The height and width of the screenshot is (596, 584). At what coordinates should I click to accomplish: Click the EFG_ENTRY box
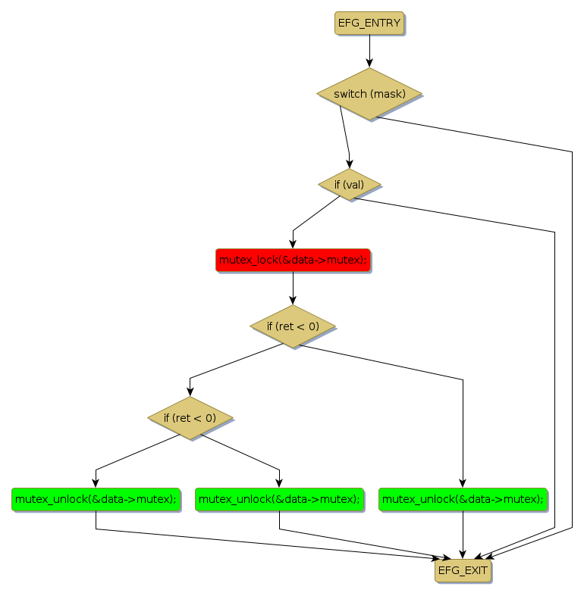click(x=369, y=23)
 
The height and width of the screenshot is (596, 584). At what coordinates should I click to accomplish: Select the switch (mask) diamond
click(x=369, y=94)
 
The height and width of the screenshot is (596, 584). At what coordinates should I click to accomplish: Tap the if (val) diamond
click(x=349, y=184)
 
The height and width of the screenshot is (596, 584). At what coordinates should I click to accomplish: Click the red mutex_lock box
click(x=293, y=260)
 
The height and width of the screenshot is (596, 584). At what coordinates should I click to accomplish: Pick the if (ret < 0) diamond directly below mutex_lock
click(x=293, y=326)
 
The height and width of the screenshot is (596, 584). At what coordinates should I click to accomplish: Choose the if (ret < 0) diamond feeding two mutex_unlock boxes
click(x=190, y=417)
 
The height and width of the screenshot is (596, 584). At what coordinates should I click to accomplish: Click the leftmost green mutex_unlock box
click(x=96, y=499)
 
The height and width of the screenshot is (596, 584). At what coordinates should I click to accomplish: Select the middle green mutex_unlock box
click(x=279, y=499)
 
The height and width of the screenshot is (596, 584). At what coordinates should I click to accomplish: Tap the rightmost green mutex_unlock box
click(x=463, y=499)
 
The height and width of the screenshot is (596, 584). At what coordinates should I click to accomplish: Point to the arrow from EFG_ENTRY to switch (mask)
click(x=369, y=51)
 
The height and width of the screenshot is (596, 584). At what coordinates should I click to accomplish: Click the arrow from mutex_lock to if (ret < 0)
click(x=293, y=288)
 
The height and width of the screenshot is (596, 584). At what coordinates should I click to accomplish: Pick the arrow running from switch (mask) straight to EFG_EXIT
click(x=572, y=341)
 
